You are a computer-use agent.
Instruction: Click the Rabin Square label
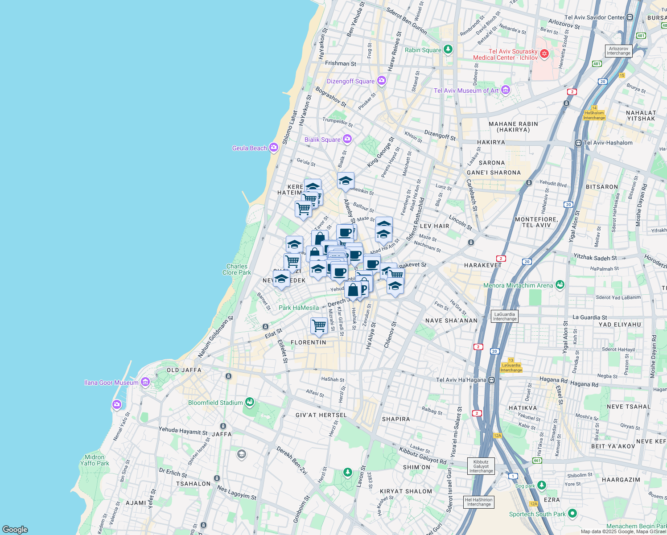point(423,50)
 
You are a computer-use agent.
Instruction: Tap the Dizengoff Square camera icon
point(381,81)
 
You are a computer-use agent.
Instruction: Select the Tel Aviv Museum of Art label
point(466,91)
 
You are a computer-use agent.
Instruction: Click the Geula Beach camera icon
point(273,148)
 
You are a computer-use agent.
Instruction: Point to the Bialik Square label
point(322,140)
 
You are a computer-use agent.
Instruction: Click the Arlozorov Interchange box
point(618,51)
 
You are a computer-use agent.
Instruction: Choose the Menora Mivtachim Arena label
point(518,285)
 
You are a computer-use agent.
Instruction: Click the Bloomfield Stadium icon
point(250,402)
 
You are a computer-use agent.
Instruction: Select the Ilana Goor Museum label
point(111,383)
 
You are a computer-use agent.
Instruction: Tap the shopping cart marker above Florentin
point(319,325)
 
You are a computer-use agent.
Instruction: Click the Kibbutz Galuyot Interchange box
point(481,466)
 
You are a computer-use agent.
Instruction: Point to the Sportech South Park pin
point(572,514)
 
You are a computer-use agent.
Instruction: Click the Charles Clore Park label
point(237,269)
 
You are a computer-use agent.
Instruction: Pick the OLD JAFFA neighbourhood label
point(184,370)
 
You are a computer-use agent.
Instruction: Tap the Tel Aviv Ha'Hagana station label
point(461,380)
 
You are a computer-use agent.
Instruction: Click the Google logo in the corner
point(15,529)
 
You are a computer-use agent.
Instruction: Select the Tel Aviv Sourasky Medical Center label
point(505,54)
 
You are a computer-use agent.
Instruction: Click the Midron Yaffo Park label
point(95,460)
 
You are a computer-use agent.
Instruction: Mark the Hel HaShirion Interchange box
point(479,502)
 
